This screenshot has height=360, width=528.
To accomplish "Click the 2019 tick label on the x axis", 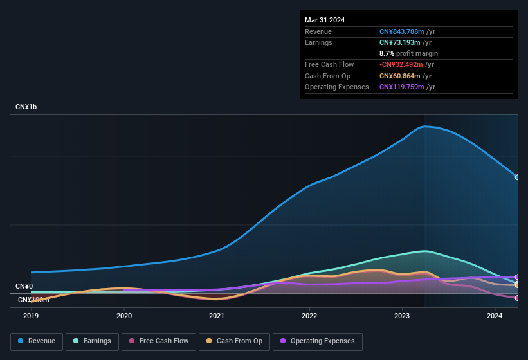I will coord(31,316).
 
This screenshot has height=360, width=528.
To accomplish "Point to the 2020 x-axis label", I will coord(124,316).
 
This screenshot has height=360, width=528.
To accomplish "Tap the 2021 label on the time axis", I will coord(217,316).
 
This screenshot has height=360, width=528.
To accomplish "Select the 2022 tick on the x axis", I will coord(309,316).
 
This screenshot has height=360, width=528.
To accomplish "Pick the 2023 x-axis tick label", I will coord(402,316).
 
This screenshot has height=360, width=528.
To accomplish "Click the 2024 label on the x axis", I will coord(495,316).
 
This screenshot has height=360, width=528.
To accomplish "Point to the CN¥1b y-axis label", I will coord(26,107).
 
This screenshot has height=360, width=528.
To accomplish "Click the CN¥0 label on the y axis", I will coord(24,286).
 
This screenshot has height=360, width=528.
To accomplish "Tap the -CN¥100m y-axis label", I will coord(32,300).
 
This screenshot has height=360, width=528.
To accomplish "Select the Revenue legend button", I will coord(37,341).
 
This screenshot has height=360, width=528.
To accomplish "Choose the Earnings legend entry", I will coord(92,341).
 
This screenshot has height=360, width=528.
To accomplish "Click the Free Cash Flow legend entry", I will coord(159,341).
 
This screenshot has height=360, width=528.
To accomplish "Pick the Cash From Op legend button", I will coord(234,341).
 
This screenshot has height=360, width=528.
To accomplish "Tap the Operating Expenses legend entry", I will coord(318,341).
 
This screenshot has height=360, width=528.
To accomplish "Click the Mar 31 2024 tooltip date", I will coord(325,20).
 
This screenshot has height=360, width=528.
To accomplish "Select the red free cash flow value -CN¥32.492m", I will coord(401,64).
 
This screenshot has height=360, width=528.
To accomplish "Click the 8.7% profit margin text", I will coord(408,53).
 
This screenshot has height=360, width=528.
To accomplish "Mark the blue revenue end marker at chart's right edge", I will coord(517,177).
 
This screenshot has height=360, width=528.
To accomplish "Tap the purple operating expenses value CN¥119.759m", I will coord(401,87).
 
